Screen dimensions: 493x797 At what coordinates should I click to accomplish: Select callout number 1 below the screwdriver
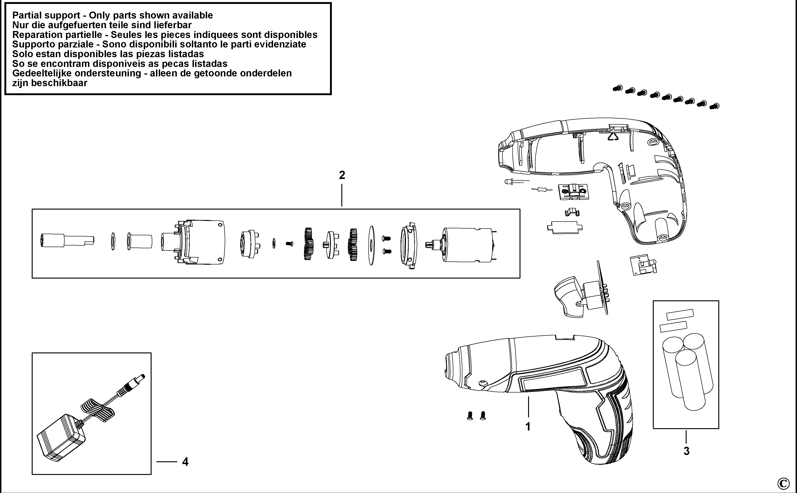coord(528,427)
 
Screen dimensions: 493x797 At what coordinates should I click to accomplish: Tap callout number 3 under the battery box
coord(686,451)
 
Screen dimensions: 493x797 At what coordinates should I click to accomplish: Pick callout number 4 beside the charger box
coord(185,462)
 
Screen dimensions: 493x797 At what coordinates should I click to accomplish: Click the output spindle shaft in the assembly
coord(67,241)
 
